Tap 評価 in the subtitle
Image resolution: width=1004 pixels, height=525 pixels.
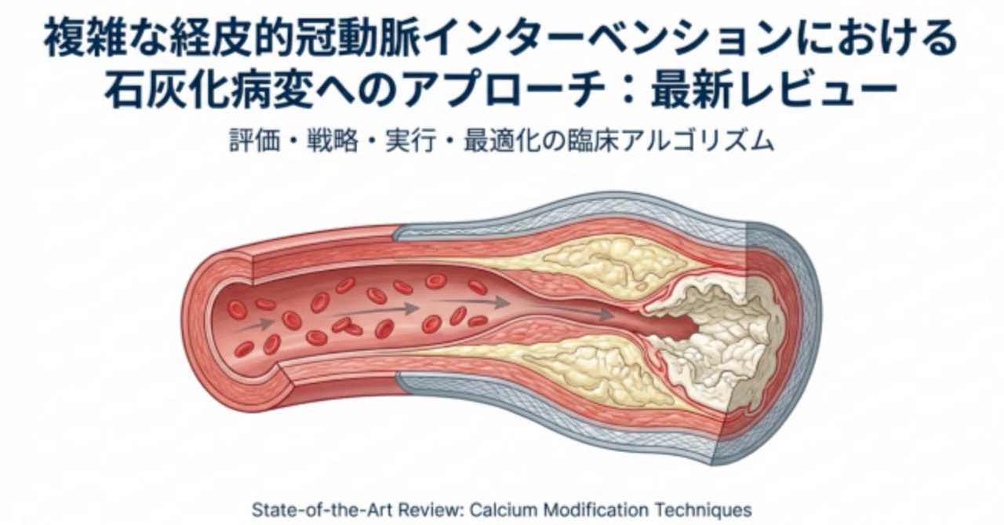[255, 140]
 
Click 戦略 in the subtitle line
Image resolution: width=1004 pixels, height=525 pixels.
[332, 140]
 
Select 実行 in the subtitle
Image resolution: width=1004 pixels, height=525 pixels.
[410, 140]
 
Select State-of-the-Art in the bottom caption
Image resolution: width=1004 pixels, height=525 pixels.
[322, 510]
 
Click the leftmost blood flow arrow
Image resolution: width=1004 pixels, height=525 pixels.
[254, 326]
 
